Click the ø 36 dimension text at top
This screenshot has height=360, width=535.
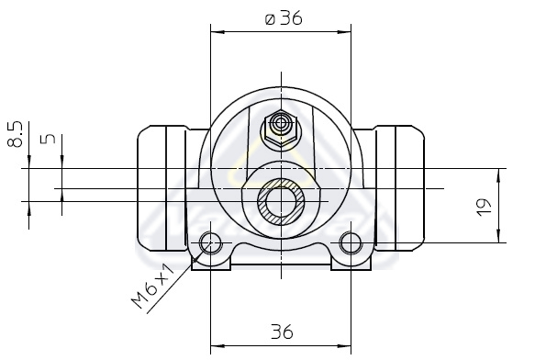click(x=284, y=18)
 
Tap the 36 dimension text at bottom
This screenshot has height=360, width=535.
click(x=282, y=332)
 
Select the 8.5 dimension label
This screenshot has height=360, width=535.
click(x=15, y=134)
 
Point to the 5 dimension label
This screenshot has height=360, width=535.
click(x=48, y=139)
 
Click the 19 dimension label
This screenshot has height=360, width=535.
click(x=484, y=207)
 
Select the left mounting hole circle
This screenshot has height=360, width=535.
click(x=210, y=242)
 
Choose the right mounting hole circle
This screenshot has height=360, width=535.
click(x=351, y=242)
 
